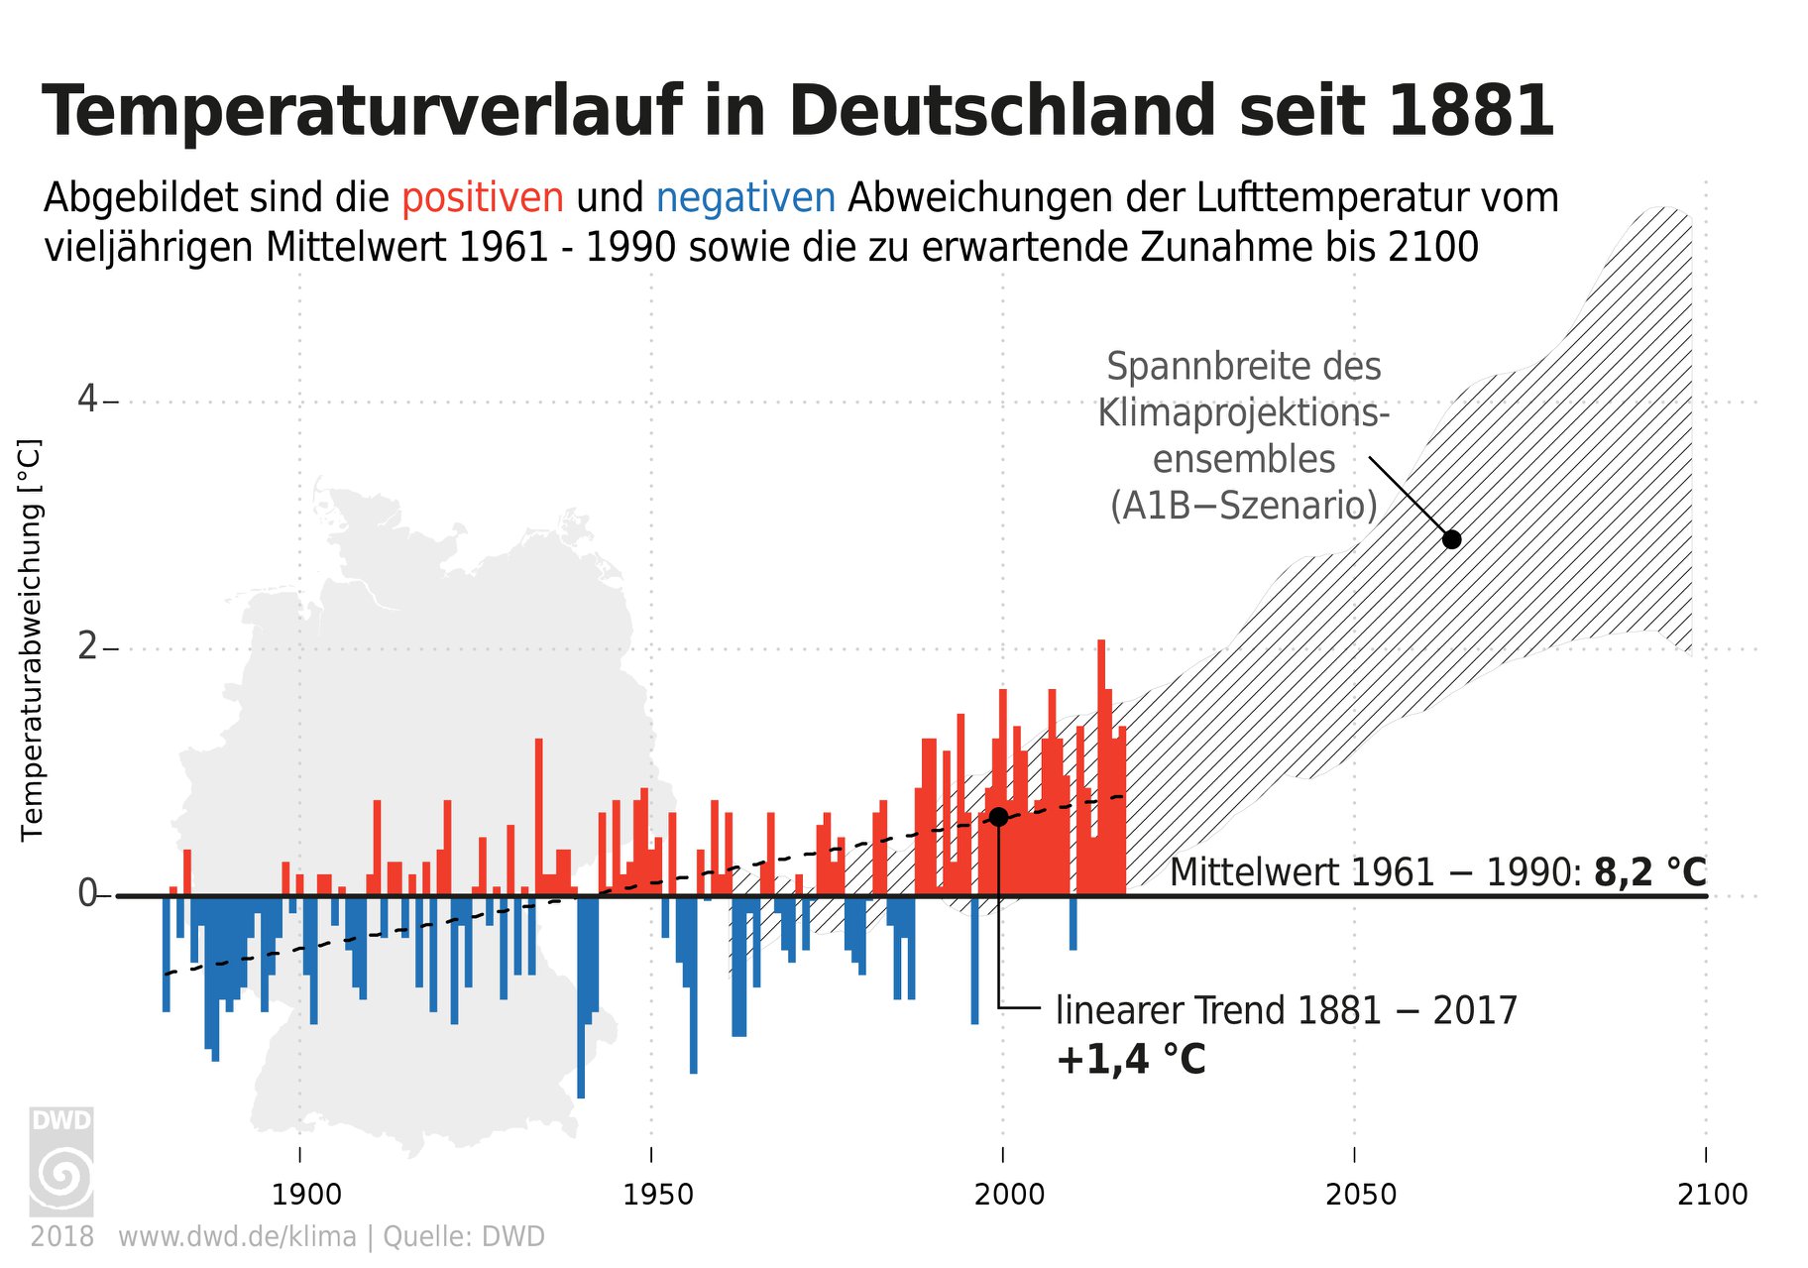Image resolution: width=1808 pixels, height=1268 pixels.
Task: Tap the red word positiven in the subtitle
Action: click(483, 198)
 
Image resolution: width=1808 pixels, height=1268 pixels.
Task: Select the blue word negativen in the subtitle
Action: click(745, 198)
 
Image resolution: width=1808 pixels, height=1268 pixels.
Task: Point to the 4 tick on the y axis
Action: click(88, 401)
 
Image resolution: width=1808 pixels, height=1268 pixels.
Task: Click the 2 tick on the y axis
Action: click(88, 647)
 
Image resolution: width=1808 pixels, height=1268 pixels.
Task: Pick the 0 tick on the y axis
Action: click(88, 894)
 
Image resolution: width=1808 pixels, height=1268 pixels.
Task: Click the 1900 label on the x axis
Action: click(306, 1194)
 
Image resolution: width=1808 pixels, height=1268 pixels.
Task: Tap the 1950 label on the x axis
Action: click(658, 1194)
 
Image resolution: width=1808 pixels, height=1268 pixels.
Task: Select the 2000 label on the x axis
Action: click(1009, 1194)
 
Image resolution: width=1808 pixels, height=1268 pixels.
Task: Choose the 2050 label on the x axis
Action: click(1361, 1194)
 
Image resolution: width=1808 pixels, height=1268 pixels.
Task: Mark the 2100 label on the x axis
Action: click(1713, 1194)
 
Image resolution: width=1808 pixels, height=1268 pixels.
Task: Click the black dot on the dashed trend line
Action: click(998, 817)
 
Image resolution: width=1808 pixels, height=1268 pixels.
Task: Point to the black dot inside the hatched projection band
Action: click(1452, 539)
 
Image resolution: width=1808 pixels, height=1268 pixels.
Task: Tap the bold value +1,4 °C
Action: click(1131, 1060)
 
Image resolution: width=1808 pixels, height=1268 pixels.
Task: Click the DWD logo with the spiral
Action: click(61, 1162)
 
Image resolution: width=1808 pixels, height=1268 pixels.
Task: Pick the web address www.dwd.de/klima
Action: click(237, 1237)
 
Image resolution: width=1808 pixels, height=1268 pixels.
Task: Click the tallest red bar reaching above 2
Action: click(1100, 767)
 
